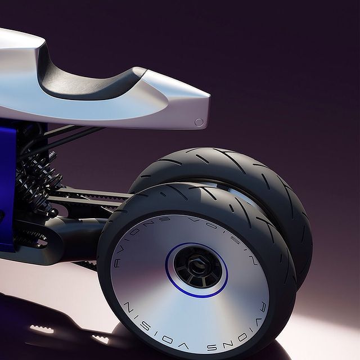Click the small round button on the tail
pos(199,122)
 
